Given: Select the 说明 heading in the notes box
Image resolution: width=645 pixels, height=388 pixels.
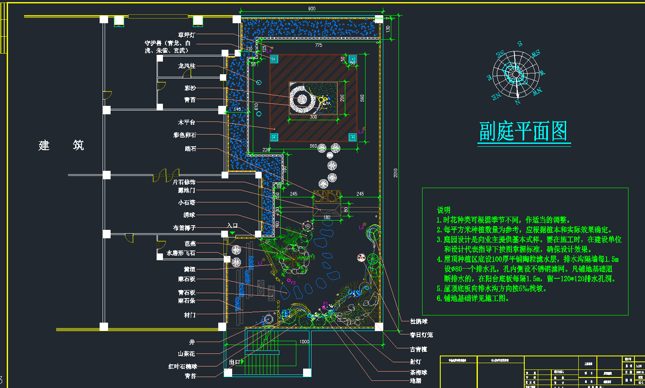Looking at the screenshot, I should [443, 210].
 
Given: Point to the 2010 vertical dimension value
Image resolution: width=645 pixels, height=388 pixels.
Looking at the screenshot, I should [396, 173].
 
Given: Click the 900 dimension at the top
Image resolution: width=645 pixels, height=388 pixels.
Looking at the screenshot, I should [312, 8].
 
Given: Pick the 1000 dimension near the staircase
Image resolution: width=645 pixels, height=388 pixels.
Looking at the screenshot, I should [304, 342].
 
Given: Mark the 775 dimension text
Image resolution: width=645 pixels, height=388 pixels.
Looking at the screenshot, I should [318, 45].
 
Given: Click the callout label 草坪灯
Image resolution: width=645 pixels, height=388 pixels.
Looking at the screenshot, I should [187, 35].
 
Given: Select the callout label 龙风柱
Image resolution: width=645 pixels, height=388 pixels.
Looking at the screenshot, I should [187, 66].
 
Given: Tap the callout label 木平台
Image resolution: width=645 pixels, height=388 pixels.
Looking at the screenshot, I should [187, 122].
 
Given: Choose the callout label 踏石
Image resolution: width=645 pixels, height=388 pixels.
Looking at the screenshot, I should [190, 148].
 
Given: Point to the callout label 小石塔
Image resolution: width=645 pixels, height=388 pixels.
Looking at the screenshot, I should [187, 202].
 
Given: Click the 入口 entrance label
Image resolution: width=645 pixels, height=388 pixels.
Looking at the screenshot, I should [233, 225].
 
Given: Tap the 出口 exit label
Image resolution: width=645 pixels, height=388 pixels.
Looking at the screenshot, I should [234, 362].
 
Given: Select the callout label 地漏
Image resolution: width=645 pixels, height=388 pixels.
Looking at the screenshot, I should [415, 381].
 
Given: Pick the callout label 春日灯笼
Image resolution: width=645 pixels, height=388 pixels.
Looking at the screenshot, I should [421, 335].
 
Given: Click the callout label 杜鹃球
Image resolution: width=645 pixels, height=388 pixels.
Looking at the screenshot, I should [419, 321].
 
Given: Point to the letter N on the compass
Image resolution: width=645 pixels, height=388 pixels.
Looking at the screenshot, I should [518, 102].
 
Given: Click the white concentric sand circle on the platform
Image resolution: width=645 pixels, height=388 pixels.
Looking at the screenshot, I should [302, 100].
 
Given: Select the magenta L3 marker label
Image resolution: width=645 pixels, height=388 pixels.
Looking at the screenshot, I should [361, 132].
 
